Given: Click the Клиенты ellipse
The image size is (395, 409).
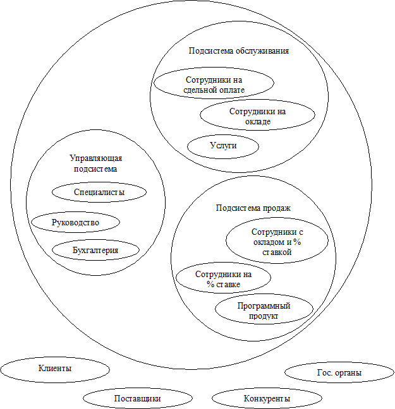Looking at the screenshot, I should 54,368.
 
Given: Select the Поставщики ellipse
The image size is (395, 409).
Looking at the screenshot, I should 137,399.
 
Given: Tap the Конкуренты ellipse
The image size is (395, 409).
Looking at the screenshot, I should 267,399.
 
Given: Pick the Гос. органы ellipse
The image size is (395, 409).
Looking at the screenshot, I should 339,373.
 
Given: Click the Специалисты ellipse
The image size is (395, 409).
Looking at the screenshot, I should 99,191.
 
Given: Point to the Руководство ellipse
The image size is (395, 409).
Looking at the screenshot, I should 75,222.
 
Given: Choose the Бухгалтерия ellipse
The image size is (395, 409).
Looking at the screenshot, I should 95,250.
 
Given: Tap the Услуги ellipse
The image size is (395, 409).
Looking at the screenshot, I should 223,146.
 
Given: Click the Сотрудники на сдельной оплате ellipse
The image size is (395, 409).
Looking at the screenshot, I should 214,85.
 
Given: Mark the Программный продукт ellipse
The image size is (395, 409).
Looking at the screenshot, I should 264,311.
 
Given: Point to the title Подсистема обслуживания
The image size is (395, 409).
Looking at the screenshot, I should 239,50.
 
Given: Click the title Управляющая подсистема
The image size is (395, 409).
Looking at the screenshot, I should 95,164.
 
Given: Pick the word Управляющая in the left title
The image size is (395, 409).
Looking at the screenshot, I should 95,159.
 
